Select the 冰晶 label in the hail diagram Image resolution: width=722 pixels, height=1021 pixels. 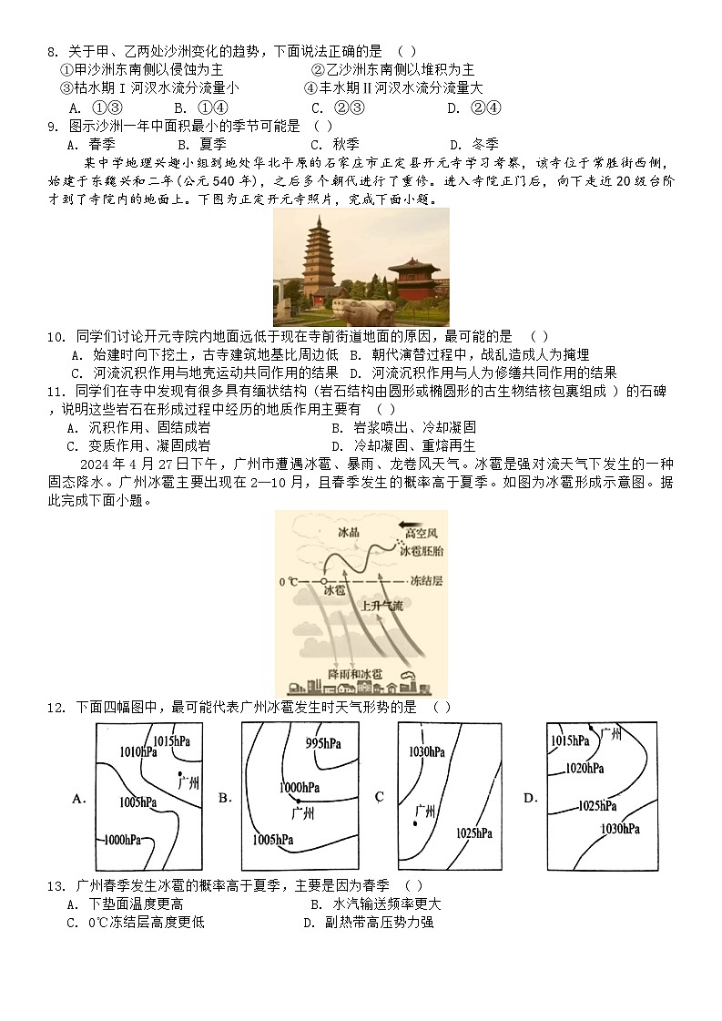(x=349, y=533)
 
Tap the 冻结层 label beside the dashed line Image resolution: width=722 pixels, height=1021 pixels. (x=425, y=580)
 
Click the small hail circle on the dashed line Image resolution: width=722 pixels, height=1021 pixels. (x=323, y=580)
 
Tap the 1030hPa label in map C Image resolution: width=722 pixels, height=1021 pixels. (x=426, y=751)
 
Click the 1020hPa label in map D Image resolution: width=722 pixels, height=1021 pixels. (x=585, y=769)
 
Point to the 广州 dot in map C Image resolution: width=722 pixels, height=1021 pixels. (x=415, y=823)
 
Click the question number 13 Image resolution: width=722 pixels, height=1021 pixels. (x=54, y=885)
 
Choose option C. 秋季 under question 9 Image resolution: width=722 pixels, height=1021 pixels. (x=334, y=144)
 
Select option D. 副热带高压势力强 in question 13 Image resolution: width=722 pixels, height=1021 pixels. (x=368, y=922)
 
